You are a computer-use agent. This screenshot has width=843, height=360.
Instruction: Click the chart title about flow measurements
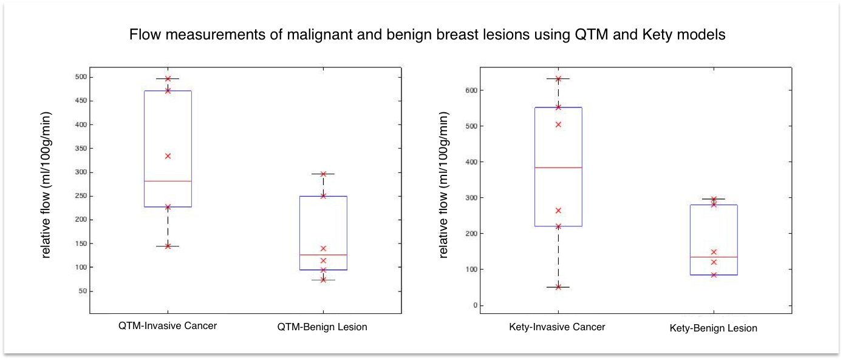427,35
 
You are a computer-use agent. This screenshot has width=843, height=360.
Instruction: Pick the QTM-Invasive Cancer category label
168,325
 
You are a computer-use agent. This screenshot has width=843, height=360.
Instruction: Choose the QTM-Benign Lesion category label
322,327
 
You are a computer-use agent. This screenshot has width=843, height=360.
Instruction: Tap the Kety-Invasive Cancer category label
557,327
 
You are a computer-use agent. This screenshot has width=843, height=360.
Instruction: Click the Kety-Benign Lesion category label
713,328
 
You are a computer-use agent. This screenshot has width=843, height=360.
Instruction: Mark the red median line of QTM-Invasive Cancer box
168,181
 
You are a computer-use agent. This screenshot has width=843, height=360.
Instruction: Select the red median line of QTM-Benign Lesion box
323,255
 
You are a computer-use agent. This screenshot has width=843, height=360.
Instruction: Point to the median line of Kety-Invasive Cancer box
558,168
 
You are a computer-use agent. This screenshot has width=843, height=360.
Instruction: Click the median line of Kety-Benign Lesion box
714,257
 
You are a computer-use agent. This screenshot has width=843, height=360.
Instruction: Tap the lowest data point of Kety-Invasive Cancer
558,287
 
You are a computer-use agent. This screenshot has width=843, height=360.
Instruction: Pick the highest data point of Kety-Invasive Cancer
558,79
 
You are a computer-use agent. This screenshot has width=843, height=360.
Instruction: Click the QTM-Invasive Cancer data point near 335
168,156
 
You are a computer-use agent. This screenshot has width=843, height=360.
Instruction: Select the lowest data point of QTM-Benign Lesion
323,280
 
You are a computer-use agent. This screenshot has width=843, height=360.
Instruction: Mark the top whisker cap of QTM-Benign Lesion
323,174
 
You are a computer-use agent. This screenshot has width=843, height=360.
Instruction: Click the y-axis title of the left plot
46,185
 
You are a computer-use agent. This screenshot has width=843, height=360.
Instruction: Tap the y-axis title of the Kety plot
444,185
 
